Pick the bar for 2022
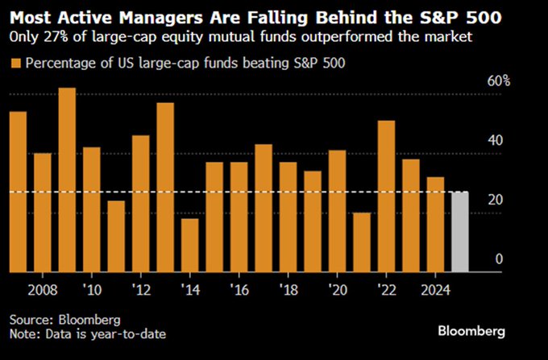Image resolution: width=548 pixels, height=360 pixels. click(386, 197)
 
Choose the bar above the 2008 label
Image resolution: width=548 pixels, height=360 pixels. click(42, 213)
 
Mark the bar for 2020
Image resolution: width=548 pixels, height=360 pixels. click(337, 211)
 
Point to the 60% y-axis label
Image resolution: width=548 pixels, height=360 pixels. click(499, 82)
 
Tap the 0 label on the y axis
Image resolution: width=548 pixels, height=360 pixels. click(500, 259)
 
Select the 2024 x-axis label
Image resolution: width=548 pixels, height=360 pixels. click(435, 290)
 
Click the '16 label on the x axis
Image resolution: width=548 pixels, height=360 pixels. click(239, 290)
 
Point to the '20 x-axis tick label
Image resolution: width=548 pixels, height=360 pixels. click(338, 290)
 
